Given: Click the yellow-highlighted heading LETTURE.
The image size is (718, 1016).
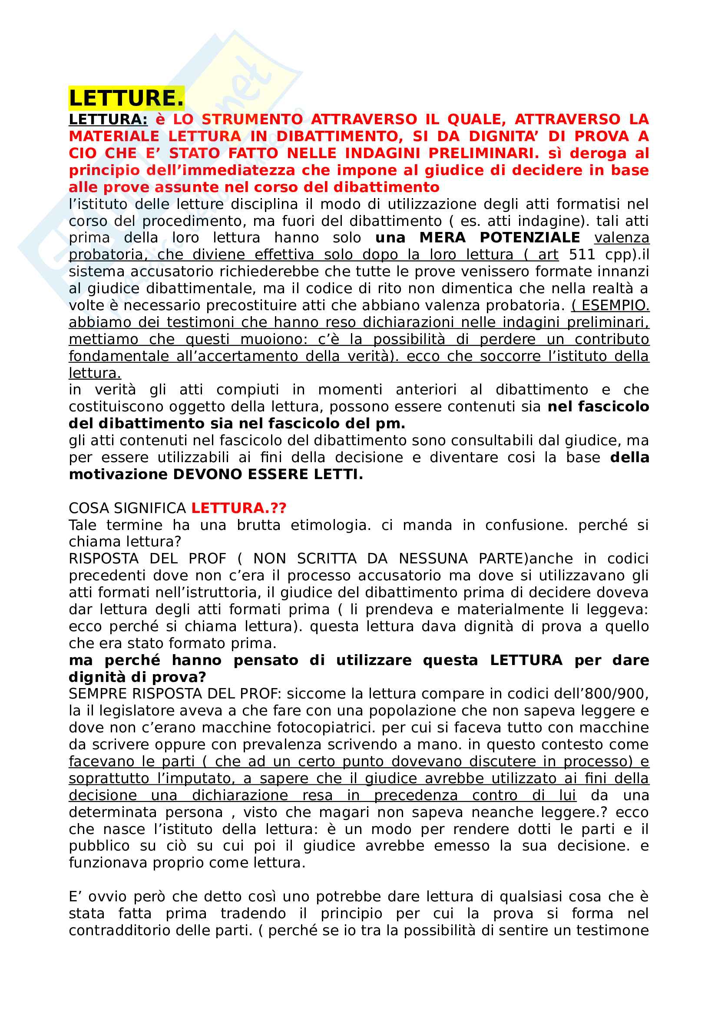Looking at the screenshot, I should pos(126,98).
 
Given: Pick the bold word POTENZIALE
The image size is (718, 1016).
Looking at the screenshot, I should pos(529,238).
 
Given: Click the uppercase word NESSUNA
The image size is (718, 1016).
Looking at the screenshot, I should pos(433,559).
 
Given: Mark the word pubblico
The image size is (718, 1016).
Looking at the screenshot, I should pos(99,846).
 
